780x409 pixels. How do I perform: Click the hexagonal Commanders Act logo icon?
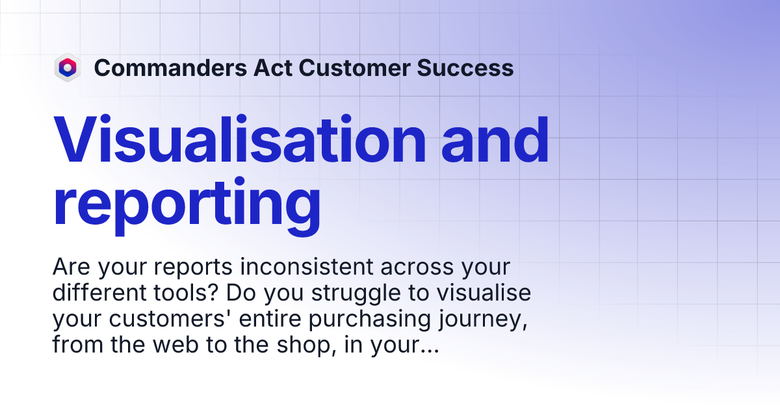67,68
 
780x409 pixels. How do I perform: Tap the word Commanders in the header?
166,68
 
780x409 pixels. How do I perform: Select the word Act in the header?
265,68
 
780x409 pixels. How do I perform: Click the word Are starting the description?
70,267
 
